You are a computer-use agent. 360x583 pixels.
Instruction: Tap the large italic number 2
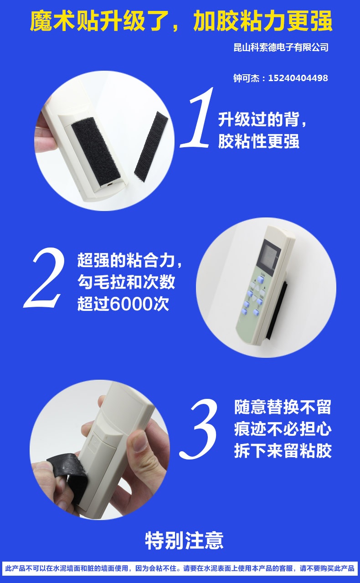coord(44,278)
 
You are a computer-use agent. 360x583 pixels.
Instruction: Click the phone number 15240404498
coord(298,78)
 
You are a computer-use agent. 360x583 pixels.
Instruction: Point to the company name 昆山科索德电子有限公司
coord(281,47)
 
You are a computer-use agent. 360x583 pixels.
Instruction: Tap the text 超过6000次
coord(123,304)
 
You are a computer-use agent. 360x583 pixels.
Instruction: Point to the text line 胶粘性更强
coord(258,141)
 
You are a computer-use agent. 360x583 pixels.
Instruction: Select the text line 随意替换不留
coord(283,407)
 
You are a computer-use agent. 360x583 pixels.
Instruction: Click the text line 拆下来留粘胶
coord(283,450)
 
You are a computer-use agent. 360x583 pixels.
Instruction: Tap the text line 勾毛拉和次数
coord(126,282)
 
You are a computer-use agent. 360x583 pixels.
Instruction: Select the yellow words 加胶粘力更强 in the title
coord(263,21)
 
